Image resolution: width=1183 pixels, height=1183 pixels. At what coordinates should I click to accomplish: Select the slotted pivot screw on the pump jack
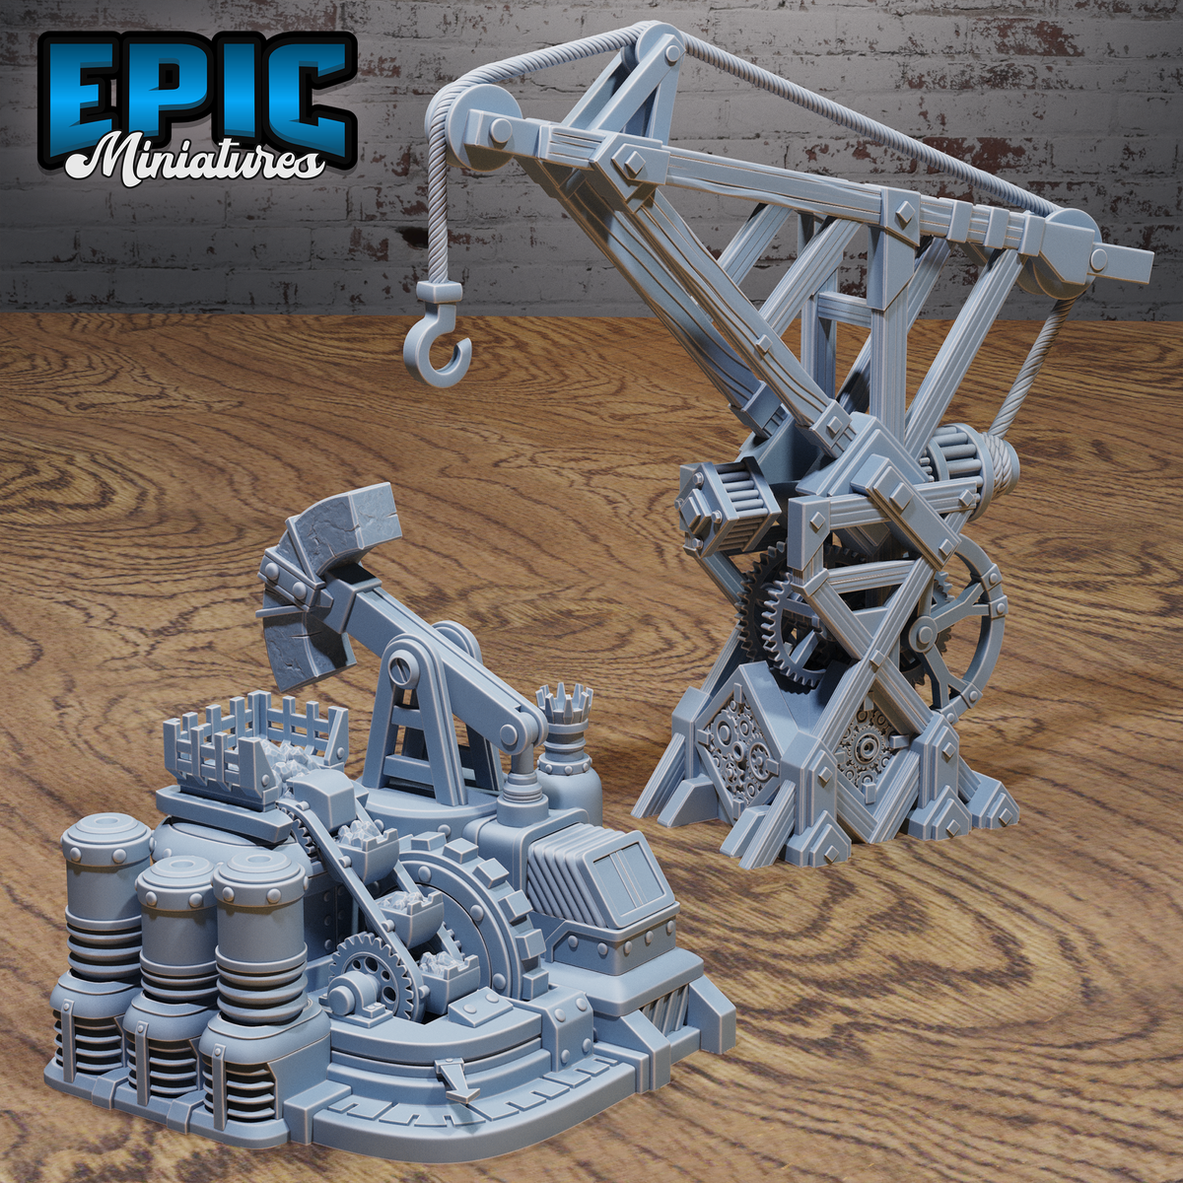pos(402,668)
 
